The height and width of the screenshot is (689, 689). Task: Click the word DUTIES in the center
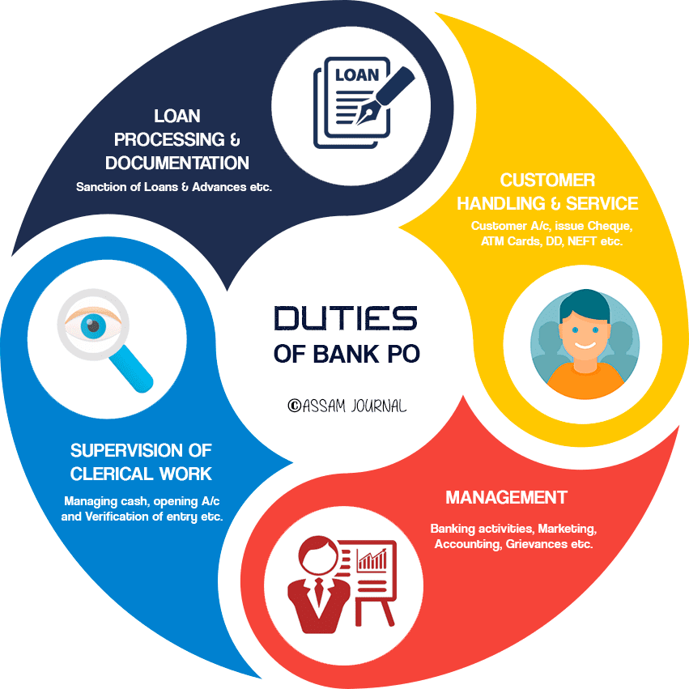(346, 318)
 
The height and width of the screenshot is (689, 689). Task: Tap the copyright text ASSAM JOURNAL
(347, 406)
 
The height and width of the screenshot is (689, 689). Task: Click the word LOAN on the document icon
(357, 75)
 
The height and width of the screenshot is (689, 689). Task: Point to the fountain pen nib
(367, 115)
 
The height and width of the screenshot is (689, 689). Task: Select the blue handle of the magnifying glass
(131, 368)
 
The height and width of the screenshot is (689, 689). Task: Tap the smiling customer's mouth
(585, 346)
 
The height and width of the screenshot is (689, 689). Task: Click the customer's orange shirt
(585, 381)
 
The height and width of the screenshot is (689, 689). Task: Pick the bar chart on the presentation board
(372, 559)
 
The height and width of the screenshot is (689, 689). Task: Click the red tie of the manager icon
(319, 591)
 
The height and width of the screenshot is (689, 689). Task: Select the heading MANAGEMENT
(506, 497)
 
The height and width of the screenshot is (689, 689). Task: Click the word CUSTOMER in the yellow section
(547, 181)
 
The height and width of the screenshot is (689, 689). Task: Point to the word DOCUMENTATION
(177, 163)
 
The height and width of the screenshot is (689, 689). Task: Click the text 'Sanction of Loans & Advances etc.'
(174, 187)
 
